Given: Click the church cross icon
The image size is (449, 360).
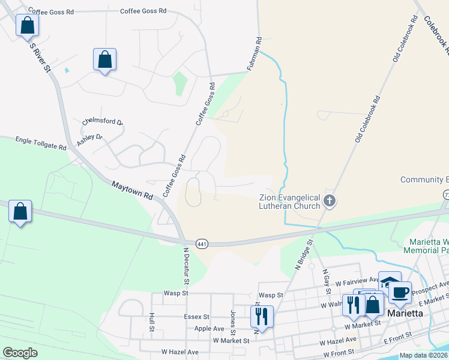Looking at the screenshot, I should click(329, 200).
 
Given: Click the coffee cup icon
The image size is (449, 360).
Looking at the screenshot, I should click(400, 293).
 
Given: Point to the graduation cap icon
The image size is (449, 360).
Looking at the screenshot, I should click(390, 282).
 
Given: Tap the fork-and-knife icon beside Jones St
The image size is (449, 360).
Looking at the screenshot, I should click(262, 316).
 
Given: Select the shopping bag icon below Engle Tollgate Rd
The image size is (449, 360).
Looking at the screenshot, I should click(20, 212).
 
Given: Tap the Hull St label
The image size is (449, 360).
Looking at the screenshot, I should click(152, 321).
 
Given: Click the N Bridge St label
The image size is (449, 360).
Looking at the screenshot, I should click(304, 254).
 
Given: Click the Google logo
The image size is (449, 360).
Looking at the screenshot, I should click(20, 353).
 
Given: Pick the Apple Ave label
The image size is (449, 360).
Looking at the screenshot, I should click(210, 329).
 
